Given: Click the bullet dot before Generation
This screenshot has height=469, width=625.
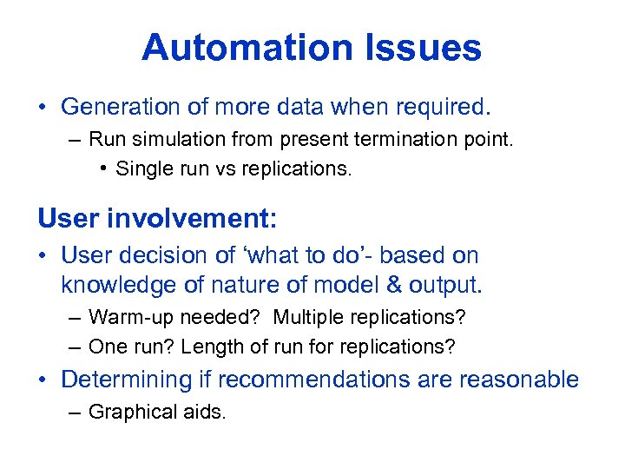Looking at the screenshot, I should pos(43,108).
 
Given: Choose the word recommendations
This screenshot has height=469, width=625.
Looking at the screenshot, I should pos(328,380).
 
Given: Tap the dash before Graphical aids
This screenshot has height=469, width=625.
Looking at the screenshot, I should pos(75,412).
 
